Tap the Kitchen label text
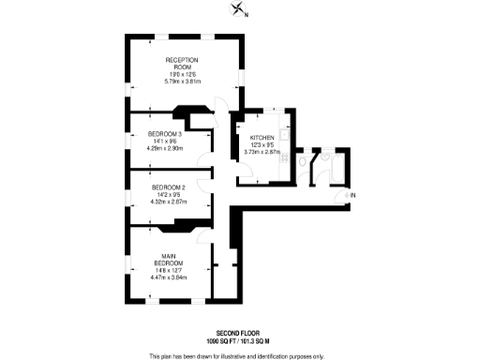pos(257,138)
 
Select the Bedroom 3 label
pos(165,134)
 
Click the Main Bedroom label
pos(169,260)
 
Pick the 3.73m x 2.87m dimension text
pos(257,151)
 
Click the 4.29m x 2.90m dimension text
pos(165,147)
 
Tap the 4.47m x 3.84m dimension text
pos(169,277)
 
